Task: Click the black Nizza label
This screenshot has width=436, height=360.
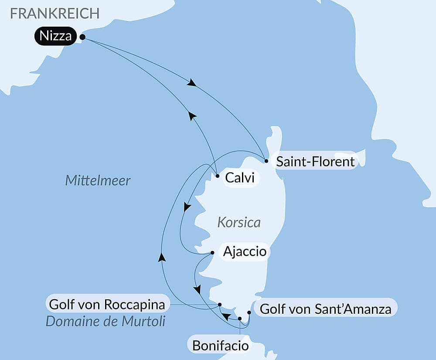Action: point(55,36)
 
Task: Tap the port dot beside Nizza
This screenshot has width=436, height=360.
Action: point(82,38)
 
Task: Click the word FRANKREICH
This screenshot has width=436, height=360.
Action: point(55,13)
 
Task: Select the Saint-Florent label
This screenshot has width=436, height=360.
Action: point(316,162)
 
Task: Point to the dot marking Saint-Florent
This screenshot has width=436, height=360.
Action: point(266,161)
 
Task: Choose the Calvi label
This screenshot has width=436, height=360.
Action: point(239,178)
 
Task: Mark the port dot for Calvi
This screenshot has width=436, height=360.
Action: point(217,176)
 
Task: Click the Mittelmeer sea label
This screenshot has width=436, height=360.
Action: point(98,181)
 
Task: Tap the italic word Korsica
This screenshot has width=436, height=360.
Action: point(238,223)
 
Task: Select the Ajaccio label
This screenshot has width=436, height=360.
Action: point(244,252)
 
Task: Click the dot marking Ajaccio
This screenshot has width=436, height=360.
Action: point(212,253)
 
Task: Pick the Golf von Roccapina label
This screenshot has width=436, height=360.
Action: point(107,304)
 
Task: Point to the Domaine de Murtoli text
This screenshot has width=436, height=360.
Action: point(106,322)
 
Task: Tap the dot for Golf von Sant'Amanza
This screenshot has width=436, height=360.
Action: point(249,312)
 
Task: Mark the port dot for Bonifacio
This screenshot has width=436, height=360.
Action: point(240,319)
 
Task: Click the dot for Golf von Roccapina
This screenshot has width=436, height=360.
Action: point(220,305)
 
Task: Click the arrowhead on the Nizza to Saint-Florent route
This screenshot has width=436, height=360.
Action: point(191,82)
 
